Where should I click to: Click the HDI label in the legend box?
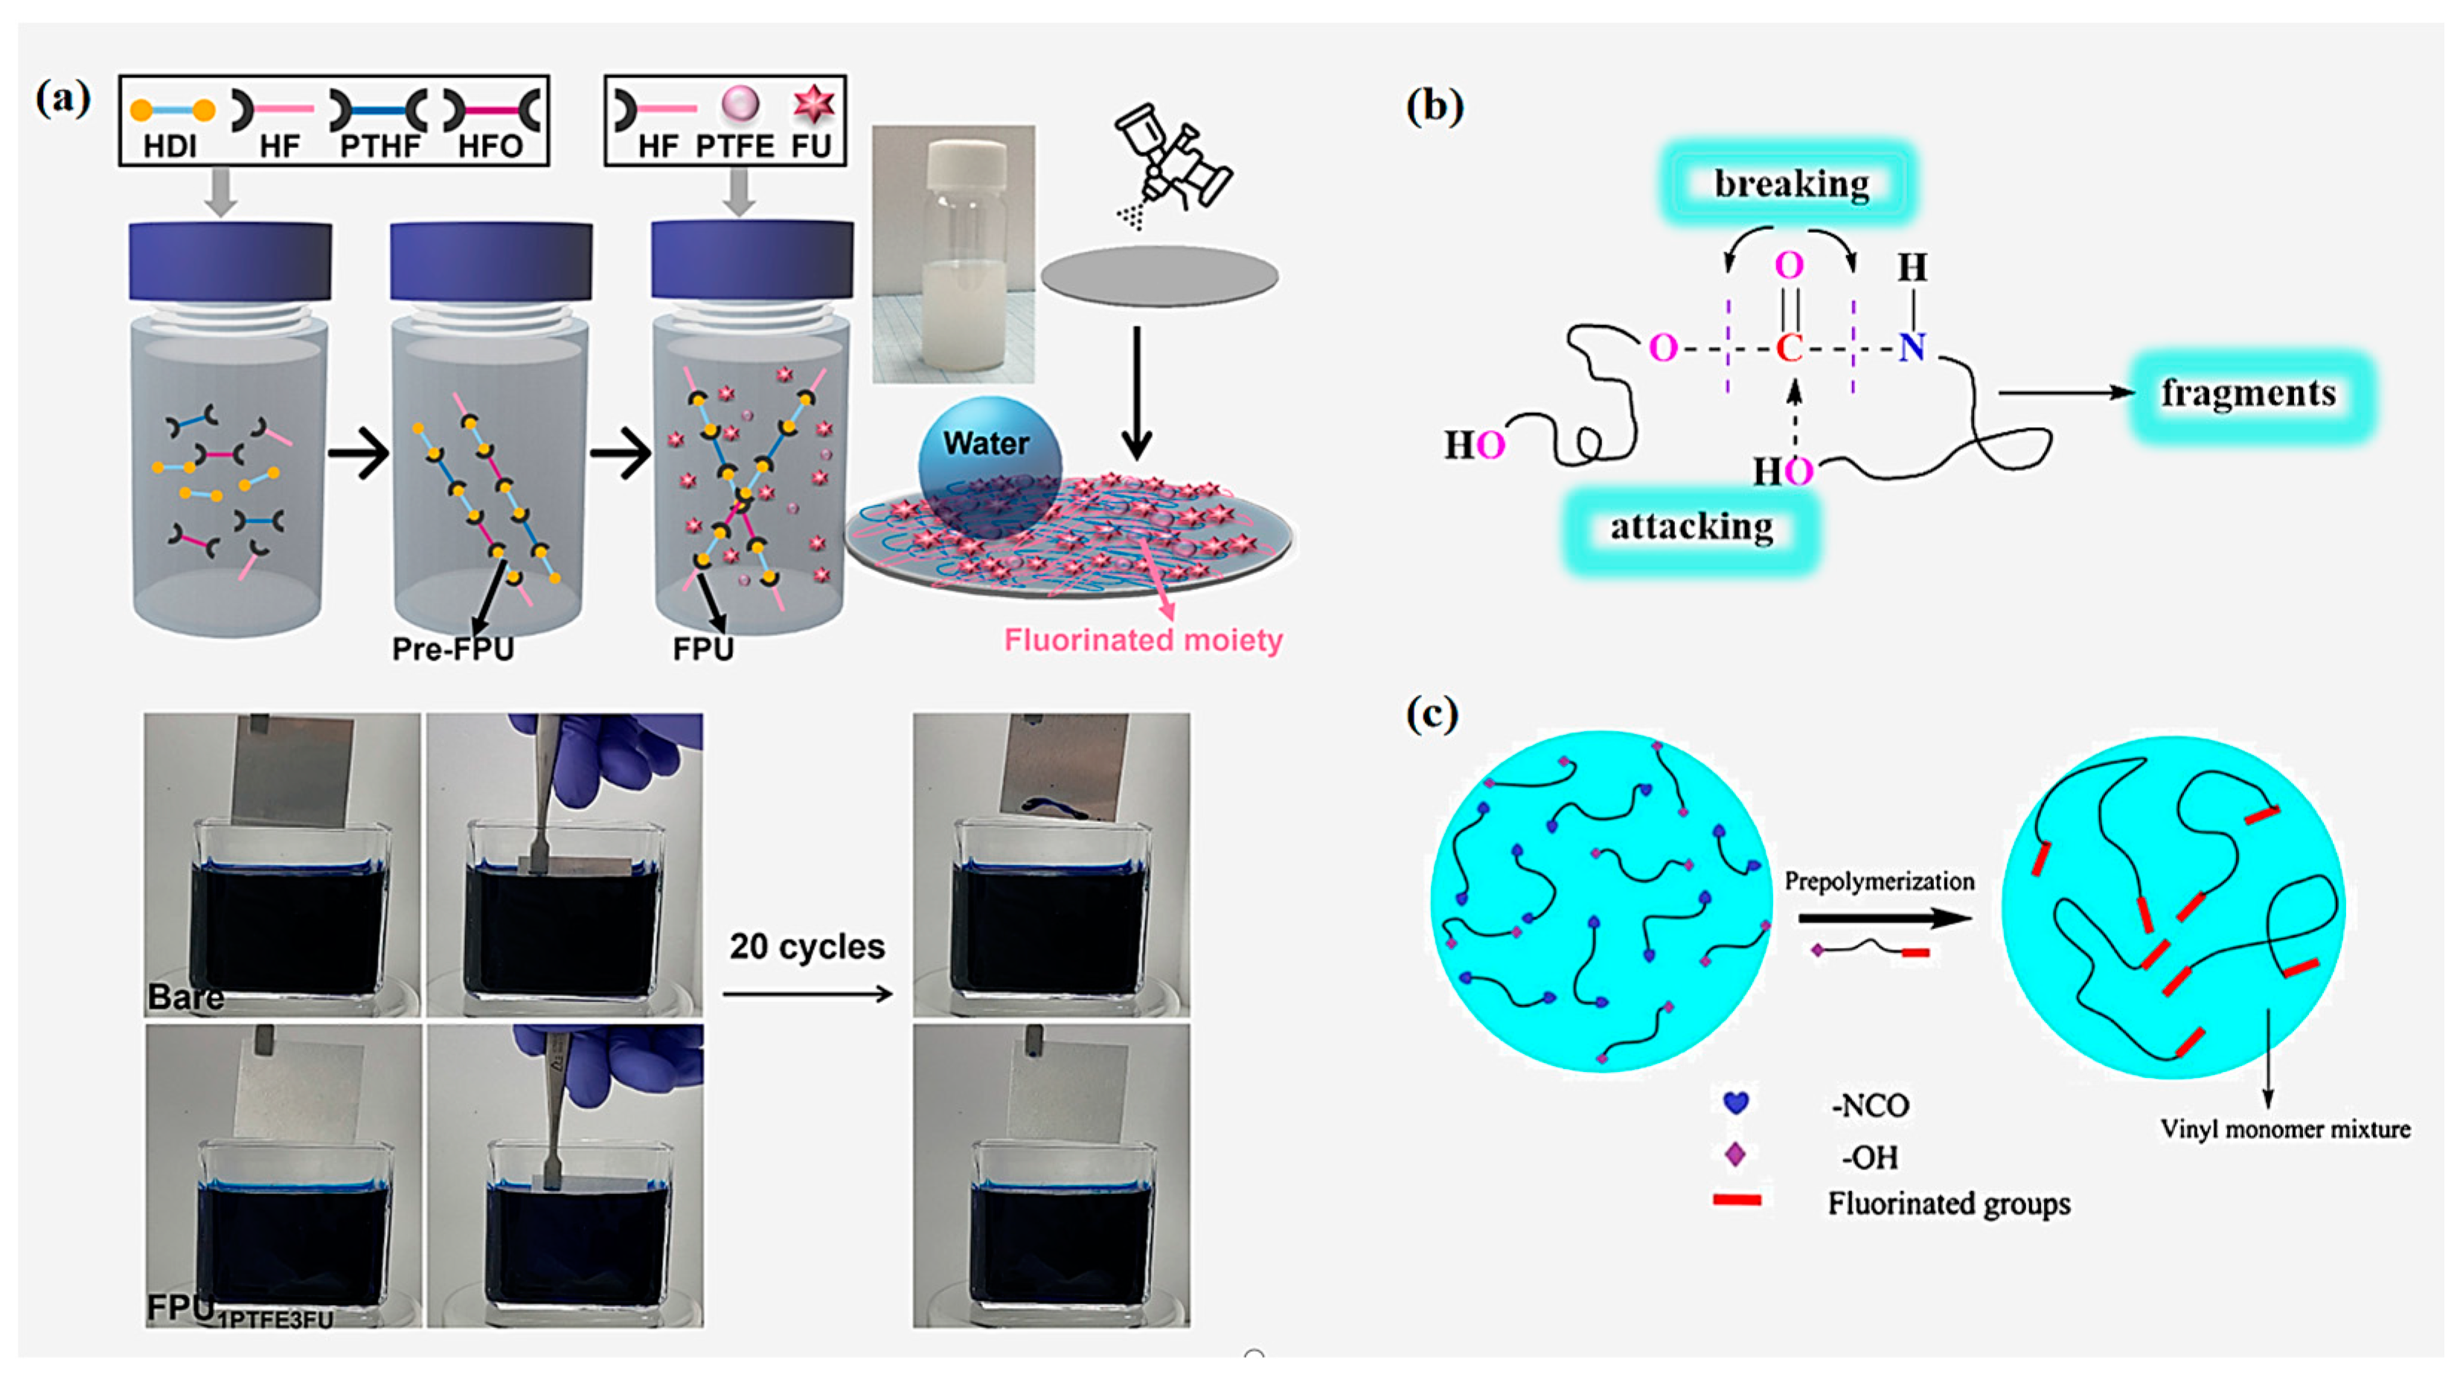click(170, 146)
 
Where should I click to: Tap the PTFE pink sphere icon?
click(740, 104)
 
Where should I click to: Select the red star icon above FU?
click(813, 104)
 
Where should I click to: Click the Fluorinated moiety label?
click(1143, 640)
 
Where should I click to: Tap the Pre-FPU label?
click(452, 649)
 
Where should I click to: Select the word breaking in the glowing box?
click(1792, 183)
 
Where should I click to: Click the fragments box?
click(2249, 394)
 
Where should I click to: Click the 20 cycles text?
click(807, 946)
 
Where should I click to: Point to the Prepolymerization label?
click(1880, 882)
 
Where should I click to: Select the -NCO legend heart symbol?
click(1735, 1103)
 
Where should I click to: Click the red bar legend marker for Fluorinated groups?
click(1736, 1199)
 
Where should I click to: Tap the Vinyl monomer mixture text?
click(2285, 1130)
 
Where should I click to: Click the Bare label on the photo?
click(186, 997)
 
